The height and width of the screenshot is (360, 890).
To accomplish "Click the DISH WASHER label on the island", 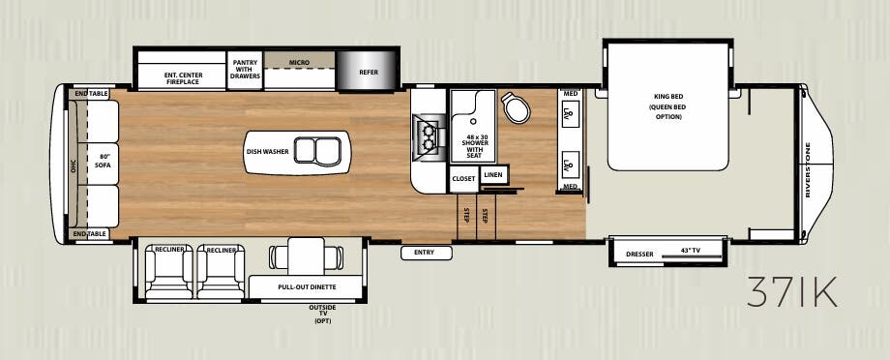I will [x=265, y=151].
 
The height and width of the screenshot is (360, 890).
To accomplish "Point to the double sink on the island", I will [x=315, y=151].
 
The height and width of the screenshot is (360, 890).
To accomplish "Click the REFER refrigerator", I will [x=369, y=71].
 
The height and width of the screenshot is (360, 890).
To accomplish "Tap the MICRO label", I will [x=299, y=63].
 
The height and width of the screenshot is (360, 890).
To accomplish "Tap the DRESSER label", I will [x=639, y=254].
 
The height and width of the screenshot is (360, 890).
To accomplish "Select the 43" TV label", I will [x=691, y=251].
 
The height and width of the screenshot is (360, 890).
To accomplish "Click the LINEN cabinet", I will [x=493, y=174].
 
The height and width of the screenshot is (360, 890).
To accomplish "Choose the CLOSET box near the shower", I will [x=463, y=179].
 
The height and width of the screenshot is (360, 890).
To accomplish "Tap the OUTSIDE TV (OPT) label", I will [x=322, y=313].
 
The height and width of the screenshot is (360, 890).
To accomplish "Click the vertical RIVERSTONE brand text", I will [x=809, y=169].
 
